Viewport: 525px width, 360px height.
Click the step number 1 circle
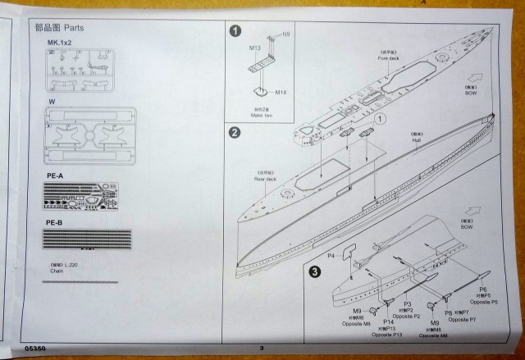[x=236, y=32]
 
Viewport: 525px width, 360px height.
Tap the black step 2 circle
[x=235, y=133]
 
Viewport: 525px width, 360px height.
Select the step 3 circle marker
[x=315, y=270]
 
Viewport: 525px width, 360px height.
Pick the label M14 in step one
[x=281, y=91]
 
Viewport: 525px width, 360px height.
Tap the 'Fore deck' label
[x=387, y=57]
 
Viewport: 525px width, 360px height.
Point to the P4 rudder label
[x=332, y=257]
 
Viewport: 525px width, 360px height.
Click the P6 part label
[x=483, y=290]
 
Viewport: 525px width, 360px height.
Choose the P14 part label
[x=388, y=321]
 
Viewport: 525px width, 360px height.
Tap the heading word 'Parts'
[x=73, y=27]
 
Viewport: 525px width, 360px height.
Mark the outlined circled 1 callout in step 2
[x=380, y=120]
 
